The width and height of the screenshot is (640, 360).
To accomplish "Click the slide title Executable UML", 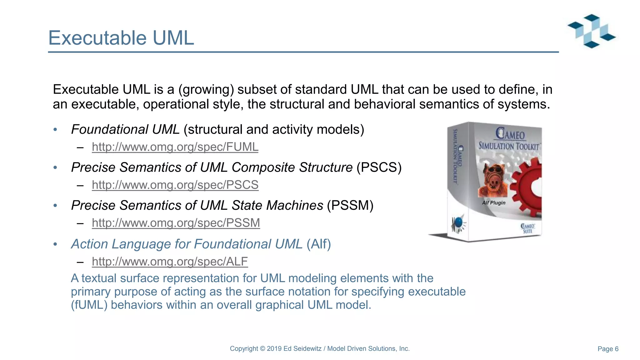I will click(x=121, y=38).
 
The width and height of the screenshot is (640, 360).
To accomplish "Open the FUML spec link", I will click(x=175, y=147).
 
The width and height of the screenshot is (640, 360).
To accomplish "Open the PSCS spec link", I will click(x=175, y=185).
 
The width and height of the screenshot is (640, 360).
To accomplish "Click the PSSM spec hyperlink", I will click(x=176, y=223).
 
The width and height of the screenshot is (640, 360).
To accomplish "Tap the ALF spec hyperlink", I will click(x=170, y=262).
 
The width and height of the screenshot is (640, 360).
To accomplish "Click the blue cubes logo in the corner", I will click(x=592, y=31).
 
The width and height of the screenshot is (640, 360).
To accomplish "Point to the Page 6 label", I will click(x=608, y=349).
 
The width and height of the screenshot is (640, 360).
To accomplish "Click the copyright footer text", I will click(x=320, y=348).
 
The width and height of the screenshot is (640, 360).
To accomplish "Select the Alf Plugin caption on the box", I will click(x=493, y=203).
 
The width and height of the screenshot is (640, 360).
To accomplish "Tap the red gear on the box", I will click(x=528, y=187).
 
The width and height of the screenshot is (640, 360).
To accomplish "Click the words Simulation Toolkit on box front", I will click(x=509, y=146).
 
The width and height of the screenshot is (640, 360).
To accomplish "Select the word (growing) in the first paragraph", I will click(x=206, y=90).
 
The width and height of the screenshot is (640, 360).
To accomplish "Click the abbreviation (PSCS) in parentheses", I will click(x=379, y=167).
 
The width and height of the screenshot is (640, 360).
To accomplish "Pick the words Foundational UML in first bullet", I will click(x=125, y=129).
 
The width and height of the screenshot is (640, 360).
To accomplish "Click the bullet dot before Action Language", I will click(x=55, y=244).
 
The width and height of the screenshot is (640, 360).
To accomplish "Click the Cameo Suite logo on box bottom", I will click(x=527, y=228).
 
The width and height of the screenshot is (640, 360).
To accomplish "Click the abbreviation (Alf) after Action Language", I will click(x=318, y=244).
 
